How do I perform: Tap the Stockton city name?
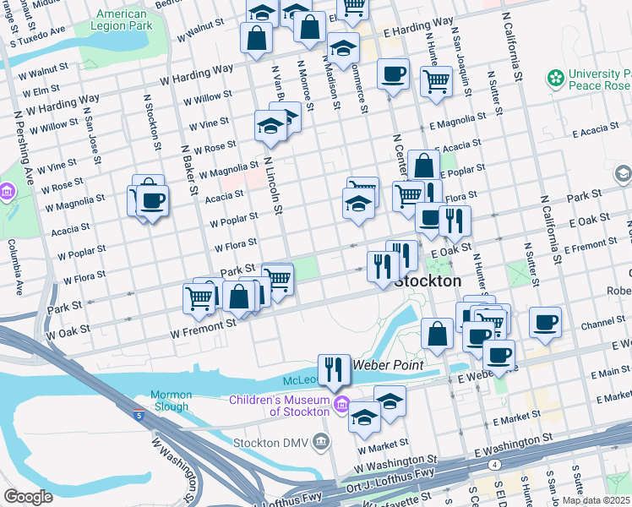tap(428, 281)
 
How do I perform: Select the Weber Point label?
tap(380, 364)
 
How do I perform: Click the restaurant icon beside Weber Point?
tap(334, 369)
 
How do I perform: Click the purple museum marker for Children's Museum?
tap(341, 403)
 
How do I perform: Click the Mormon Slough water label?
tap(172, 401)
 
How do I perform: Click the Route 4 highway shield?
tap(493, 464)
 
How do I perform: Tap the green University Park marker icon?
tap(555, 79)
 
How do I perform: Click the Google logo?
tap(28, 497)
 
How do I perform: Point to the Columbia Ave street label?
tap(15, 266)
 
